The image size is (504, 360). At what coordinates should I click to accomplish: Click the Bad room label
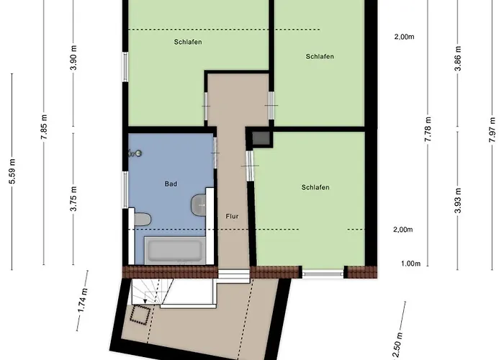pos(171,184)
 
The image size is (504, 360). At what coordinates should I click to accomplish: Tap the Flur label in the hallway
pos(232,215)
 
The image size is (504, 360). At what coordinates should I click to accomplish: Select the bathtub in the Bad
pos(174,251)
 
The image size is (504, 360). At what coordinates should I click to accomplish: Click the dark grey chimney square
pos(261,138)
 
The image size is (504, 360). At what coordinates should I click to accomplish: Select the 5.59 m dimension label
pos(12,171)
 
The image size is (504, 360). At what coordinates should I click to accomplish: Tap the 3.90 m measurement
pos(73,57)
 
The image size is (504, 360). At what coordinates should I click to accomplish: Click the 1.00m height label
pos(410,264)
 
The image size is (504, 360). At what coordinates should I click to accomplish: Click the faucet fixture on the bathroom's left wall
pos(134,153)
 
